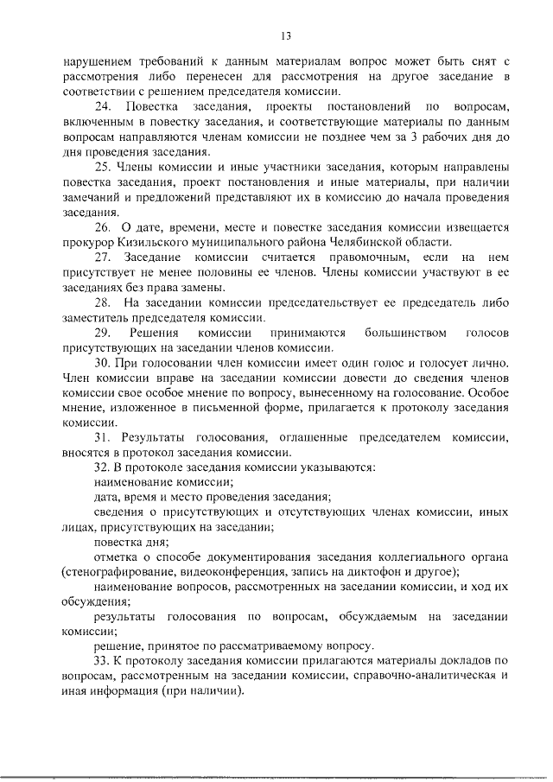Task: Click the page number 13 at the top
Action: click(x=286, y=35)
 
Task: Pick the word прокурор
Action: click(x=87, y=243)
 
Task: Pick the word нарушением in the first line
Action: click(x=99, y=62)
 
